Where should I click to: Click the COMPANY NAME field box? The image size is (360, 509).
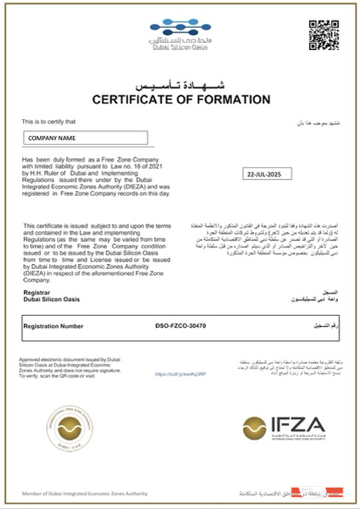click(85, 138)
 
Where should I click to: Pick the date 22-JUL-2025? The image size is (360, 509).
click(265, 173)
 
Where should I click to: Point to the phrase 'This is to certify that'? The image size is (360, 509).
click(48, 122)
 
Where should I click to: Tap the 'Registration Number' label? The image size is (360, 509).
click(53, 325)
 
